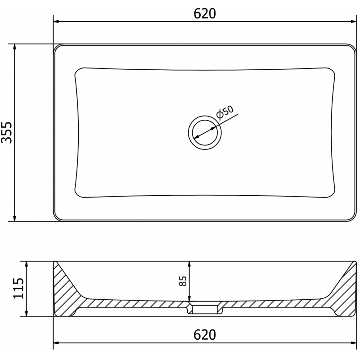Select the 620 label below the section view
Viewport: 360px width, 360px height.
coord(205,335)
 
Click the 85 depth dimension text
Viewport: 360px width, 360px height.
coord(183,282)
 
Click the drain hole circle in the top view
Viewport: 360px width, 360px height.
coord(205,132)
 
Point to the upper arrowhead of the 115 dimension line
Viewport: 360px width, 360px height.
coord(27,264)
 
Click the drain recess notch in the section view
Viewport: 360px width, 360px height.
coord(205,308)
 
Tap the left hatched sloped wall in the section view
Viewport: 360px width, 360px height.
coord(65,288)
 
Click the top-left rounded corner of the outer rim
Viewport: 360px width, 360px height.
coord(56,47)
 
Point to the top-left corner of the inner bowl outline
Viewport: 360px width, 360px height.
coord(77,71)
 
